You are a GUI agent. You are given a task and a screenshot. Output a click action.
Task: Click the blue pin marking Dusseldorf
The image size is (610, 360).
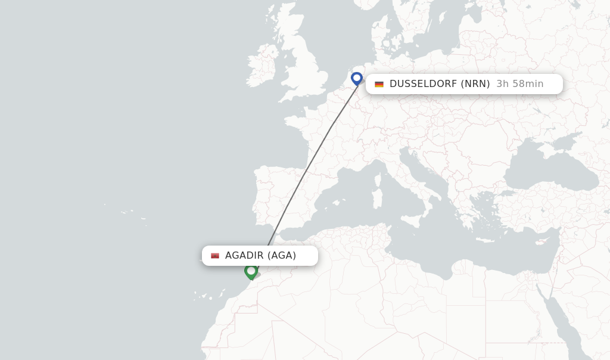point(357,78)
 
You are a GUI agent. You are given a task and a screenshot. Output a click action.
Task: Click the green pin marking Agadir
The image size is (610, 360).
point(251,271)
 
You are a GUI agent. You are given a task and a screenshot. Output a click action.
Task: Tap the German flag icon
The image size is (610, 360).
point(379,84)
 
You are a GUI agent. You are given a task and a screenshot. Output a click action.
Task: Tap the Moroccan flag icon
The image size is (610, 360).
point(215,256)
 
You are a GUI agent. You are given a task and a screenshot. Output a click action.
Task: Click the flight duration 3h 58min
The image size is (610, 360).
point(519,84)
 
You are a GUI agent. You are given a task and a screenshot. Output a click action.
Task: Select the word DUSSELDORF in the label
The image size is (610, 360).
point(423,84)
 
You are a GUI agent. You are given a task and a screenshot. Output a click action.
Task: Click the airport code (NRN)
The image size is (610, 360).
point(475,84)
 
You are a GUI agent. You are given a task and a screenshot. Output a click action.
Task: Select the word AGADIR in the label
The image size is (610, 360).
point(244,256)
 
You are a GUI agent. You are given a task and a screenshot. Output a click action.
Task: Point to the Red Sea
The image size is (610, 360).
point(560,322)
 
